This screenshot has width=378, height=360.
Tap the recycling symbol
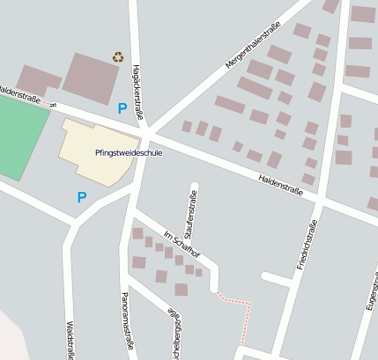pos(118,57)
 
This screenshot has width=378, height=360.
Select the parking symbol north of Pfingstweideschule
pos(122,108)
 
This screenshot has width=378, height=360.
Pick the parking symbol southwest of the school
pos(82,197)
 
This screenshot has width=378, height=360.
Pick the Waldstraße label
pos(70,339)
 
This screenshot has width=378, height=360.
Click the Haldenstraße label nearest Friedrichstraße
pos(287,184)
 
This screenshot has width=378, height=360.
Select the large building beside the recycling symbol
pos(92,77)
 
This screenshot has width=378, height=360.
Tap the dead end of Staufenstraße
pos(194,186)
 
